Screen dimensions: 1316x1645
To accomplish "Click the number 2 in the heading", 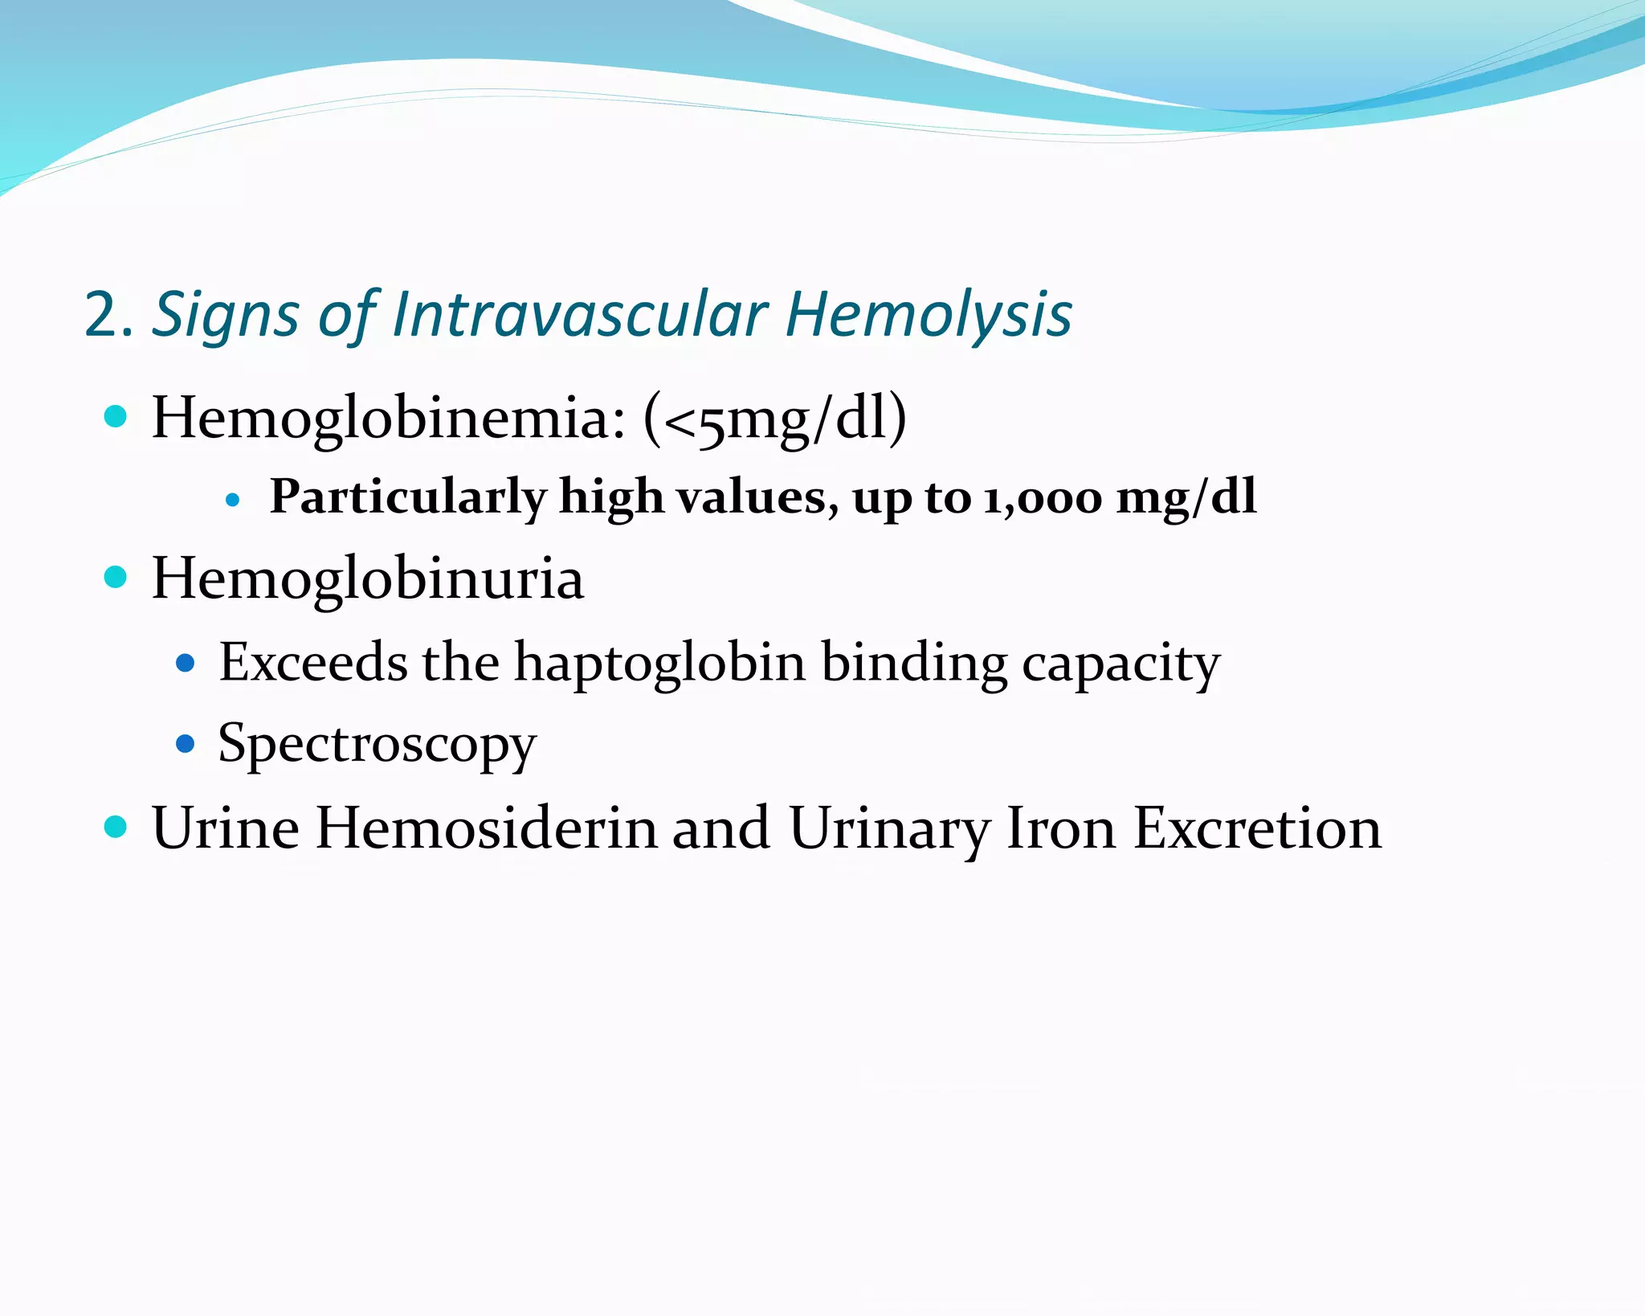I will [x=102, y=315].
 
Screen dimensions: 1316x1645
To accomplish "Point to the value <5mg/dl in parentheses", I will [x=775, y=420].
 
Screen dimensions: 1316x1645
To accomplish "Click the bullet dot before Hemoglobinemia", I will [x=116, y=416].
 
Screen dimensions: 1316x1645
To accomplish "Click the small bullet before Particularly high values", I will [x=233, y=500].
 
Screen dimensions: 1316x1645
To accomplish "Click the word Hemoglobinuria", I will [x=368, y=579].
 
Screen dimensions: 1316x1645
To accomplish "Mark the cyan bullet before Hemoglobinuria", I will [x=116, y=577].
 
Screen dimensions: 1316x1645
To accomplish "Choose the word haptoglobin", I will [x=659, y=664].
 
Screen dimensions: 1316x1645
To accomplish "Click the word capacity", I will [x=1120, y=665].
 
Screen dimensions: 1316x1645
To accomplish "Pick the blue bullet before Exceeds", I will [x=186, y=663].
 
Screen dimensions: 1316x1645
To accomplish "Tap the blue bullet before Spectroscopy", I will [x=186, y=743].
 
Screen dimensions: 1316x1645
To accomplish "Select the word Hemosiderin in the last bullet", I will [x=486, y=828].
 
